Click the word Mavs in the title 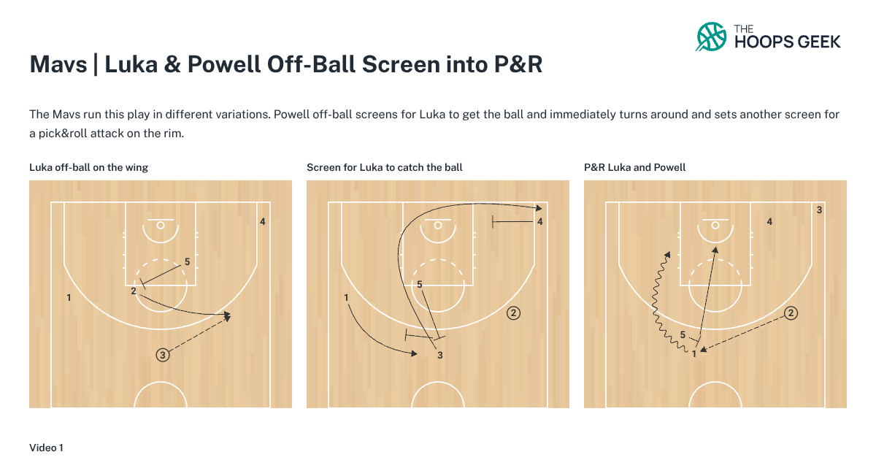tap(56, 65)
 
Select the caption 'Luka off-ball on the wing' tap(88, 167)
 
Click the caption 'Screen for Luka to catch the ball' tap(385, 167)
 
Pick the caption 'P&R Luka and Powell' tap(635, 167)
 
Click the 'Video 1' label tap(47, 447)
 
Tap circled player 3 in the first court tap(163, 355)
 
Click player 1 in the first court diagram tap(69, 298)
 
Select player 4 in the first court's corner tap(262, 221)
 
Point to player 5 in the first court tap(188, 261)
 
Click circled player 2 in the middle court tap(513, 313)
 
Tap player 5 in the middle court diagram tap(420, 285)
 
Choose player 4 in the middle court tap(539, 221)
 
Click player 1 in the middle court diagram tap(346, 298)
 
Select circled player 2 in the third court tap(791, 313)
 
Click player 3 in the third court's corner tap(820, 210)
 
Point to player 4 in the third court tap(769, 221)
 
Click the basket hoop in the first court tap(161, 225)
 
